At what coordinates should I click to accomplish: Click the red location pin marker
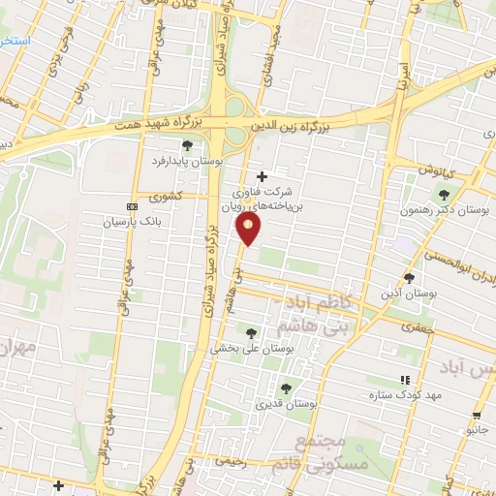pos(249,228)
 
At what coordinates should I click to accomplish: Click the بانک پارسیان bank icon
pos(133,206)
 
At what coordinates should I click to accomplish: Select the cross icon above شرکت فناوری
pos(262,176)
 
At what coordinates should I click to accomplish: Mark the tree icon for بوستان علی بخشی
pos(252,332)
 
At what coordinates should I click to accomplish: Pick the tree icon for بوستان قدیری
pos(284,387)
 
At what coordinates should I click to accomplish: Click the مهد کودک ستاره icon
pos(404,380)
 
